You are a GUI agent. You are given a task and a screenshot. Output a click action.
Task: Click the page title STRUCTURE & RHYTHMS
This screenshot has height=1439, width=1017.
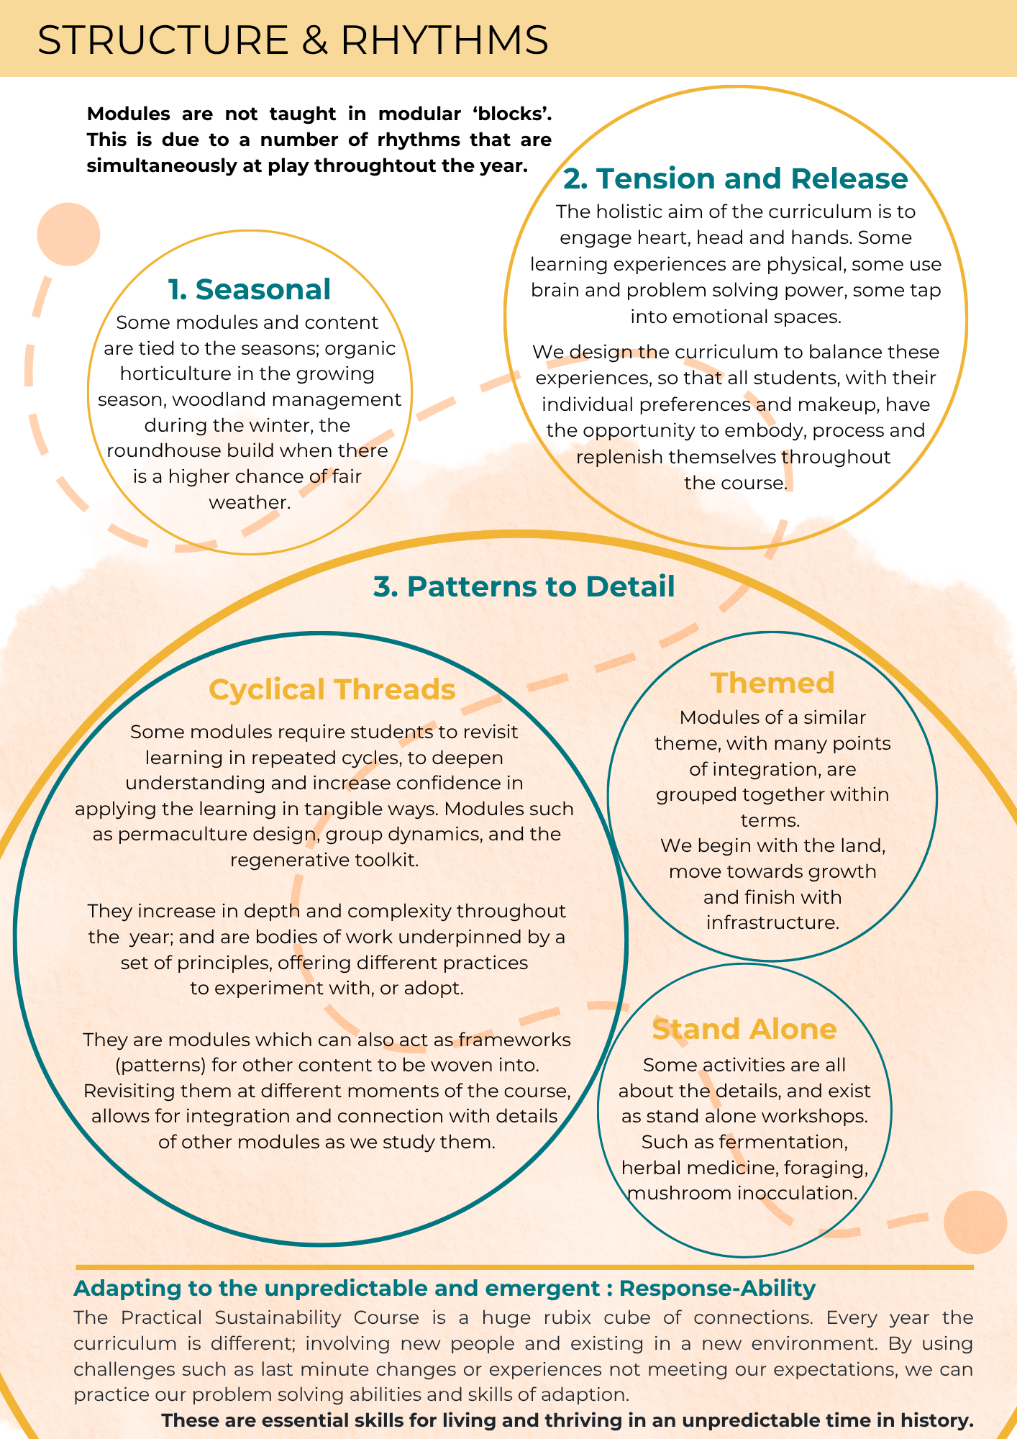click(293, 40)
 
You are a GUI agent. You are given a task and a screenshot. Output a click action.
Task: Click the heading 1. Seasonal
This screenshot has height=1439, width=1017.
click(250, 289)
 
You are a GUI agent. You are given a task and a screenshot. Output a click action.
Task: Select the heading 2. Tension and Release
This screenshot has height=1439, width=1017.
click(736, 178)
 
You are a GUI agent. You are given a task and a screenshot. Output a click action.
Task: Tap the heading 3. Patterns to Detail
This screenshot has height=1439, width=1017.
click(524, 586)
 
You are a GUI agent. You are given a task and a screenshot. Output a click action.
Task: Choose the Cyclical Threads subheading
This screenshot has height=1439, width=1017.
click(332, 689)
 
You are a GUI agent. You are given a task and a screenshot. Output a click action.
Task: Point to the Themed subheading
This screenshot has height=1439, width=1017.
click(772, 683)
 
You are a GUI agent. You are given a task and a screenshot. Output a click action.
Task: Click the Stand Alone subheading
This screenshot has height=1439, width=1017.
click(744, 1029)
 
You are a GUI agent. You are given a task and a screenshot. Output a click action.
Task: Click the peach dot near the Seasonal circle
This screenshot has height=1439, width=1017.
click(68, 235)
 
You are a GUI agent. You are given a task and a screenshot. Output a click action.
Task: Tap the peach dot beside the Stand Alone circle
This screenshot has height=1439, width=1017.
click(975, 1222)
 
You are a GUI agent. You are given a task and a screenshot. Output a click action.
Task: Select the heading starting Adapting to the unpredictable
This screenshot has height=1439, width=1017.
click(444, 1288)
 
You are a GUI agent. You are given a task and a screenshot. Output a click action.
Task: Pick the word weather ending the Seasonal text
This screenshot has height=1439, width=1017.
click(250, 502)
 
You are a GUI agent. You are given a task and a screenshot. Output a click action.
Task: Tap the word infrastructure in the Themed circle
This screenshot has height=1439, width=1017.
click(772, 922)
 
